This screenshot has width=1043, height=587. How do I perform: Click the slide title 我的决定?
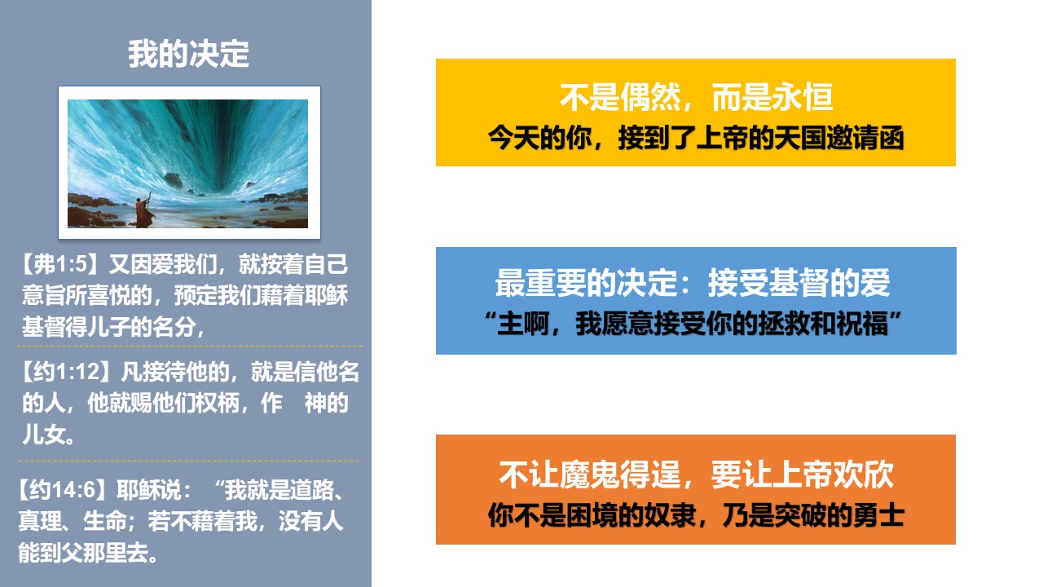pyautogui.click(x=188, y=54)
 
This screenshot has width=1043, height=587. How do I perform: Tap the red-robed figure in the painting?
pyautogui.click(x=144, y=214)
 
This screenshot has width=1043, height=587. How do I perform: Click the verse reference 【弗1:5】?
pyautogui.click(x=59, y=264)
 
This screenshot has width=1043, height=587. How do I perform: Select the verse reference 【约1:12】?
pyautogui.click(x=65, y=372)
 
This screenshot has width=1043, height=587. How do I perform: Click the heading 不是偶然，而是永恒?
pyautogui.click(x=696, y=97)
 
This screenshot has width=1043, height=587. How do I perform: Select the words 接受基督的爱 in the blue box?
pyautogui.click(x=799, y=282)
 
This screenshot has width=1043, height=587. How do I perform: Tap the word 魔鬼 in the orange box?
pyautogui.click(x=589, y=474)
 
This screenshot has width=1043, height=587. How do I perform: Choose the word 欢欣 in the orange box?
pyautogui.click(x=863, y=474)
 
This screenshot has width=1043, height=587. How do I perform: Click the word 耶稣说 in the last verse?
pyautogui.click(x=149, y=490)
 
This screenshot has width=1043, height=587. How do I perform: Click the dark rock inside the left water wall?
pyautogui.click(x=173, y=180)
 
